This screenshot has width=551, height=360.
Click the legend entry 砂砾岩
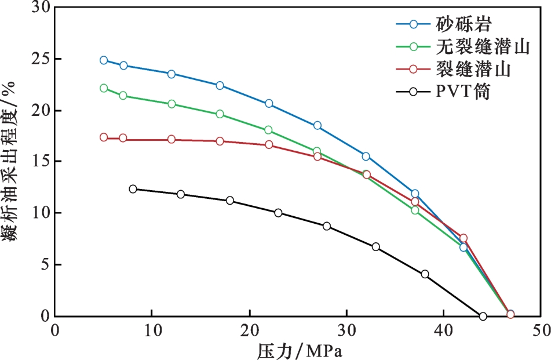coord(464,24)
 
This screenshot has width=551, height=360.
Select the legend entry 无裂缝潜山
coord(483,46)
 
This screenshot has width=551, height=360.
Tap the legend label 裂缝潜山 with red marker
coord(473,69)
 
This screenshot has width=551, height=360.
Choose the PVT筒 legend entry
coord(463,92)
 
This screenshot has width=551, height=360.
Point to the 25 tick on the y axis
coord(41,59)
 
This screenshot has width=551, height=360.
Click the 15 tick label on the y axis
coord(41,161)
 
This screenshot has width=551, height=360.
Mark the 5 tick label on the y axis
coord(45,264)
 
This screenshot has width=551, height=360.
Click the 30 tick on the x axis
coord(346,331)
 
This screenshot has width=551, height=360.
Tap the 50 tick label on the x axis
coord(541,331)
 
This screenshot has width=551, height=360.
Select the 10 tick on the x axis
coord(152,331)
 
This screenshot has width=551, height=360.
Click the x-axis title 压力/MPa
coord(300,351)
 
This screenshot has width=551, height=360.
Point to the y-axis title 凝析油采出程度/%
coord(9,161)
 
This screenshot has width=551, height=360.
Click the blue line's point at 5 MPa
coord(104,60)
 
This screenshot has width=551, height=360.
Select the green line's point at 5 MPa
coord(104,88)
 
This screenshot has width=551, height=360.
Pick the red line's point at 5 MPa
coord(104,137)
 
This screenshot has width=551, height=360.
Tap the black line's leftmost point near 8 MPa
coord(133,189)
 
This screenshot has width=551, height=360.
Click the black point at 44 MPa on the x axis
coord(483,316)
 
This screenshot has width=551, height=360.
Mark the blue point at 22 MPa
coord(269,103)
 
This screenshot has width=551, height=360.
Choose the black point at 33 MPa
coord(376,246)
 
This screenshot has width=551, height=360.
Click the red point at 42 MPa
coord(464,238)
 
